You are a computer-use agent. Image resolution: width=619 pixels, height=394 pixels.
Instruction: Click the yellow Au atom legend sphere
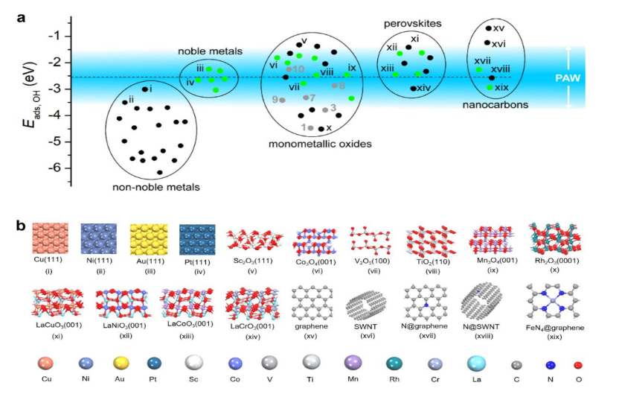click(121, 365)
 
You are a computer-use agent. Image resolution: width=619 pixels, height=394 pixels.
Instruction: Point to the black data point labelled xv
click(488, 28)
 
